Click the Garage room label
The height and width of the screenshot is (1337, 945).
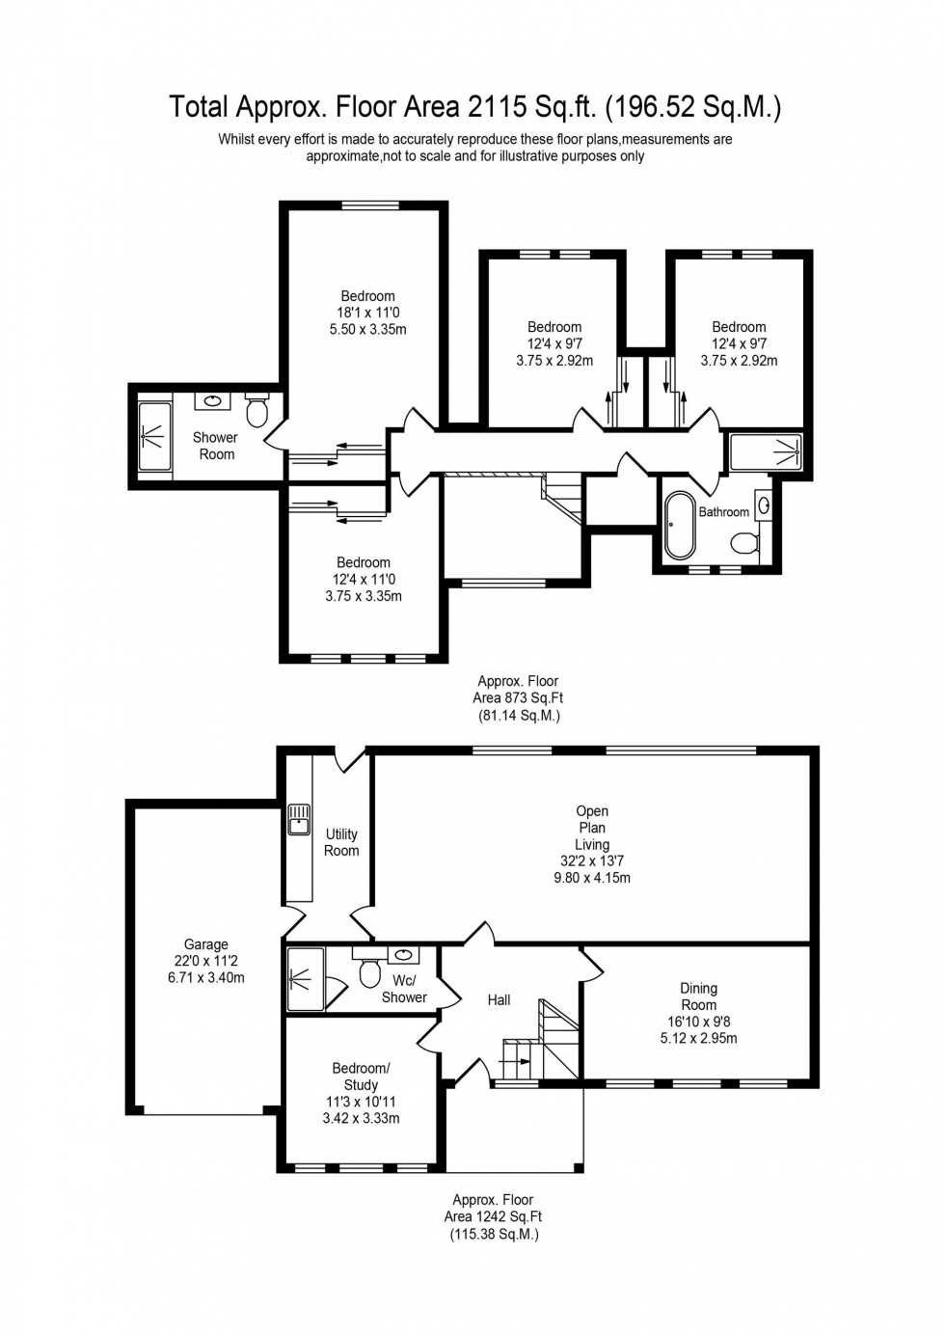click(x=206, y=944)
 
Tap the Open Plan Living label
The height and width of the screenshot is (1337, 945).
click(x=592, y=828)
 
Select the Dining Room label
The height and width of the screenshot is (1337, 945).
click(x=698, y=996)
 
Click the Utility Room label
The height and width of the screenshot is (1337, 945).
click(x=341, y=842)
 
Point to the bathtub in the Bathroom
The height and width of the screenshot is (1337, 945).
click(x=680, y=526)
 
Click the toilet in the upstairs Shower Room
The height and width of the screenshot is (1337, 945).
click(x=256, y=411)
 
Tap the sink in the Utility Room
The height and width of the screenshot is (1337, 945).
click(x=298, y=820)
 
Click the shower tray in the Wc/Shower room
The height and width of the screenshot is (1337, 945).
click(x=305, y=978)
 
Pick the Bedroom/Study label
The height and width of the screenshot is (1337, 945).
click(x=361, y=1077)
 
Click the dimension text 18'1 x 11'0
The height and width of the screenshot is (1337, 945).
click(x=367, y=313)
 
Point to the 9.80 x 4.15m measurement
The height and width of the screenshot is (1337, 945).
click(x=592, y=878)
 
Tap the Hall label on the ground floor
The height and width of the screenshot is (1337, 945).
click(x=499, y=1000)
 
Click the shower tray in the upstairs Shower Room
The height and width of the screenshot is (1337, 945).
click(x=155, y=437)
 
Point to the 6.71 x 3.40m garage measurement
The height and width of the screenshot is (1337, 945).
click(x=206, y=977)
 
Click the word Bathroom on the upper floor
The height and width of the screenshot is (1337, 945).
click(x=723, y=512)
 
